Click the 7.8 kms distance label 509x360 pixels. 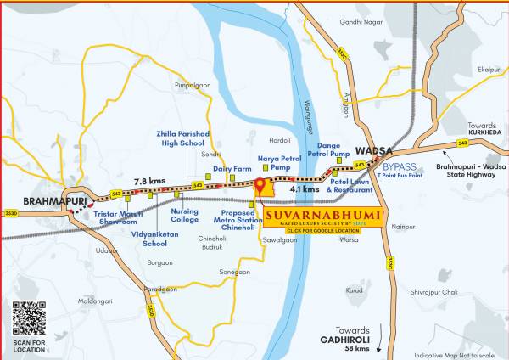click(150, 180)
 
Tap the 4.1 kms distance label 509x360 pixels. click(304, 190)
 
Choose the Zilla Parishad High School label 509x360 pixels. click(181, 138)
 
